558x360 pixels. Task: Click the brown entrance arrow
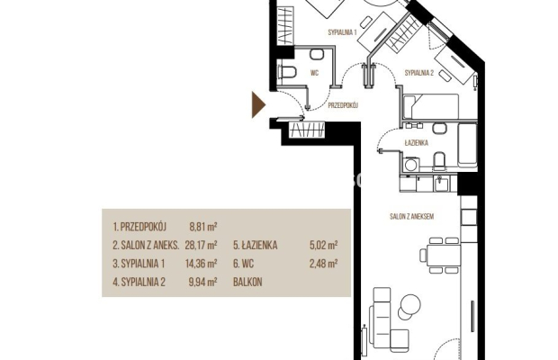click(x=258, y=104)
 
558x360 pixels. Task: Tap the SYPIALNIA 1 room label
click(x=342, y=32)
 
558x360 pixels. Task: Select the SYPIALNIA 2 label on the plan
click(x=419, y=73)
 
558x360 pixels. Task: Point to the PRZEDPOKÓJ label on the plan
click(x=343, y=105)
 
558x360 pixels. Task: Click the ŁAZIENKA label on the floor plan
click(x=417, y=143)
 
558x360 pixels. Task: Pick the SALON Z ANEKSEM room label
click(x=411, y=216)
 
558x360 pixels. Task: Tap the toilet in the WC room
click(x=287, y=72)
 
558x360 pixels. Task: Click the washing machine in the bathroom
click(x=411, y=165)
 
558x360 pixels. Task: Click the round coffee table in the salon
click(x=410, y=304)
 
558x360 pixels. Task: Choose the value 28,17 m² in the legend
click(x=201, y=245)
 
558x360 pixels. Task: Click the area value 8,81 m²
click(x=203, y=227)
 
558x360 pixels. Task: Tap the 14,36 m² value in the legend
click(x=201, y=264)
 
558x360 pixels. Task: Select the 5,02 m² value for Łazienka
click(x=323, y=245)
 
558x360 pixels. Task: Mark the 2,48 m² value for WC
click(x=323, y=264)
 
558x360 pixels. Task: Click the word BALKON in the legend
click(x=247, y=282)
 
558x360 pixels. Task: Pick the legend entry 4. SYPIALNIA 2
click(x=139, y=282)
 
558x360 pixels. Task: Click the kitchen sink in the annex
click(x=441, y=184)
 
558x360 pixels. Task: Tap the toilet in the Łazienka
click(x=439, y=159)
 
